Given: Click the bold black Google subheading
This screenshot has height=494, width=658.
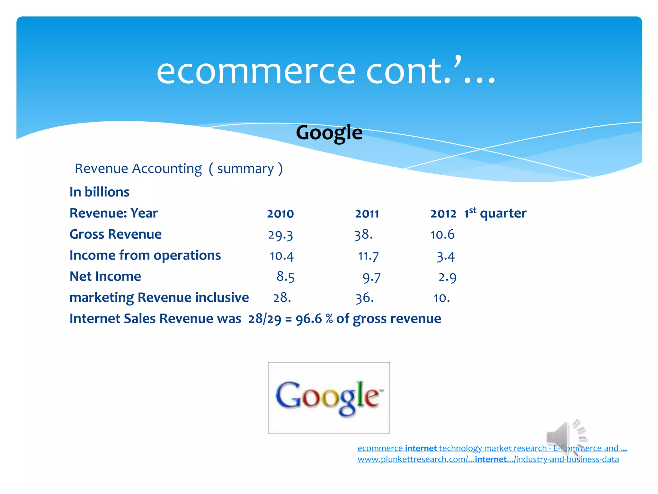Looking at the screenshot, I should tap(329, 133).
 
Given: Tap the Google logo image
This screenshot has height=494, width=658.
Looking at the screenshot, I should tap(329, 398).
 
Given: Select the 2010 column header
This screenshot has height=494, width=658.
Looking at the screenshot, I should tap(280, 214).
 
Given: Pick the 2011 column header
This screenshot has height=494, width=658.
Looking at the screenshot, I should tap(367, 214).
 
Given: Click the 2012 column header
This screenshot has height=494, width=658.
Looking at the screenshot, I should tap(443, 214).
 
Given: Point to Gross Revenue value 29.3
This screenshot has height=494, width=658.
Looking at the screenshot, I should tap(280, 235).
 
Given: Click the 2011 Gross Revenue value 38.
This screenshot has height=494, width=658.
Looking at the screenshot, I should tap(363, 235).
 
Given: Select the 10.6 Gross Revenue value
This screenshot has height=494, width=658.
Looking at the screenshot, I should tap(442, 235).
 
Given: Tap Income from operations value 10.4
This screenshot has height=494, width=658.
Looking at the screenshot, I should tap(281, 256).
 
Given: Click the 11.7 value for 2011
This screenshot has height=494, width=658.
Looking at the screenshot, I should tap(368, 256).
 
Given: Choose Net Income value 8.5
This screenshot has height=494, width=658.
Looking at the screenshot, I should tap(285, 277).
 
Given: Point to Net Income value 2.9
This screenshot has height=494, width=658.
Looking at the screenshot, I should tap(447, 277).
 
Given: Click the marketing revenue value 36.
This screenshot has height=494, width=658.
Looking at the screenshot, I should tap(364, 298).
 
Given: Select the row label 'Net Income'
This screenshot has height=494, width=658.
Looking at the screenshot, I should tap(105, 277).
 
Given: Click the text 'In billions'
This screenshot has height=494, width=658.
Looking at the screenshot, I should tap(99, 192).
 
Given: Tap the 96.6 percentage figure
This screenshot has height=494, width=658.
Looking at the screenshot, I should tap(308, 319).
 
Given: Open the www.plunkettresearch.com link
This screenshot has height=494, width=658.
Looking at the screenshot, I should tap(488, 459).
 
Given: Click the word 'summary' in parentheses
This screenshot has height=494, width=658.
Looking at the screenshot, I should tap(245, 169).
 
